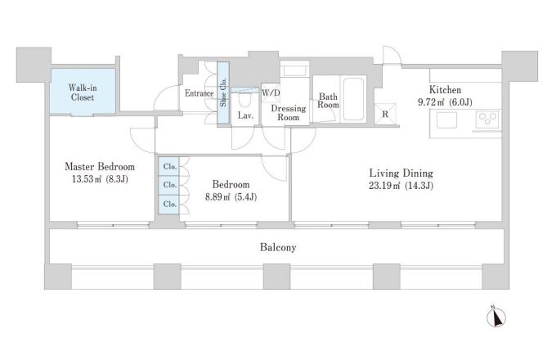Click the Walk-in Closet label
(83, 92)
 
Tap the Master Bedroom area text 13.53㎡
(87, 179)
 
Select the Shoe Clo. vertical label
(223, 92)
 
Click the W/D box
(271, 93)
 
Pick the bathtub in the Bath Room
(353, 99)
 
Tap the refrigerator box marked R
(385, 114)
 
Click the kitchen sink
(446, 120)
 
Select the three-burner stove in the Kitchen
(487, 119)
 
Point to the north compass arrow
(496, 317)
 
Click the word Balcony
(278, 248)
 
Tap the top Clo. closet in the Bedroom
(169, 167)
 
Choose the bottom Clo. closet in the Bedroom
(169, 205)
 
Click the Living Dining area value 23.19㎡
(384, 186)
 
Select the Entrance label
(200, 93)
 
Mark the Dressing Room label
(288, 113)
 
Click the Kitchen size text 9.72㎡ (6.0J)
(445, 102)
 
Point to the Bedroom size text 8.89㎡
(217, 197)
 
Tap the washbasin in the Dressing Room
(294, 70)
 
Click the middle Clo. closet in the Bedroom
(169, 186)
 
